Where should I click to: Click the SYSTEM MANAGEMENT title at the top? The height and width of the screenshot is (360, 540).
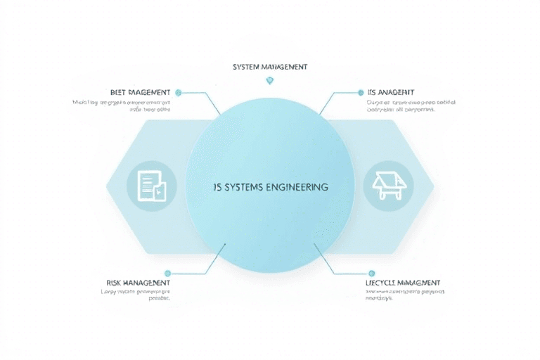pos(269,67)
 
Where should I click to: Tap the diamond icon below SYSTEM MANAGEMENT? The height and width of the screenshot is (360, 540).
pos(269,81)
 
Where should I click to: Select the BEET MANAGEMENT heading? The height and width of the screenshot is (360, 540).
pos(140,92)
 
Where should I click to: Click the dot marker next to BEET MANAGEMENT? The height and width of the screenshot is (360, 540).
pos(178,92)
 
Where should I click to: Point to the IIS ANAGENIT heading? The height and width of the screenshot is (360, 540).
pos(390,92)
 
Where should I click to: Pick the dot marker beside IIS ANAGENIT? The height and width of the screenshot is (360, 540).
pos(361,92)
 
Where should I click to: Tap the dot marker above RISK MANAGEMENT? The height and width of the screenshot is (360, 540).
pos(167,273)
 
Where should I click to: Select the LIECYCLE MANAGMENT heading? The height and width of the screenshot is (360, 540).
pos(403,283)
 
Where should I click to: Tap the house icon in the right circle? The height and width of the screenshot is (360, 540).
pos(388,185)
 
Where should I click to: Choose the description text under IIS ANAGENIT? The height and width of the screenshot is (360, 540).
pos(411,106)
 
